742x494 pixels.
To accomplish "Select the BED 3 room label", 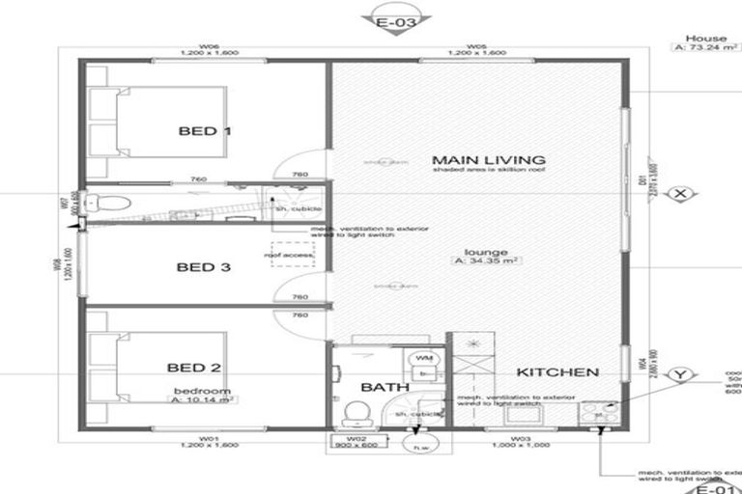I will (x=204, y=267).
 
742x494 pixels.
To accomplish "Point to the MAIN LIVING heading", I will (x=474, y=159).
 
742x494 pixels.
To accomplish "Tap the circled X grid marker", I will (x=682, y=194).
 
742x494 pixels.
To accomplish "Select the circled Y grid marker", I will (x=682, y=374).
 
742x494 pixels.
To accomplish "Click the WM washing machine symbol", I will (x=423, y=359).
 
